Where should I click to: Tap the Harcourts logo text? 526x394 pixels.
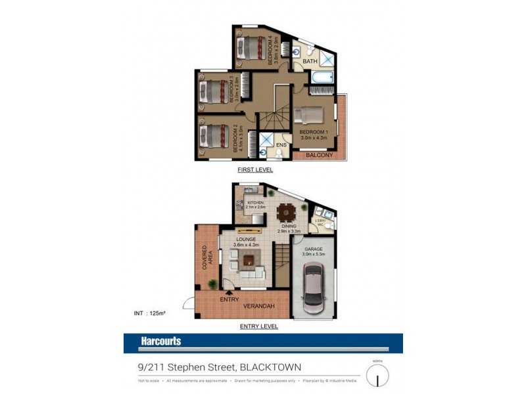[x=160, y=341]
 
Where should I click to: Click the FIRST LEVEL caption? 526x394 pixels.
[x=256, y=169]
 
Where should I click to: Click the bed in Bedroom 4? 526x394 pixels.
[x=251, y=47]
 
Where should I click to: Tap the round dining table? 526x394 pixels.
[x=285, y=212]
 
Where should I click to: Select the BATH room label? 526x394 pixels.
[x=310, y=62]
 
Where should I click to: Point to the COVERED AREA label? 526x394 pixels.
[x=208, y=258]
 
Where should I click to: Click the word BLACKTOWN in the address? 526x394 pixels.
[x=269, y=368]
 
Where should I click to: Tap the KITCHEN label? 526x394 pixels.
[x=255, y=203]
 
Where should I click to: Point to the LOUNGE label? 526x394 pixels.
[x=247, y=239]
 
